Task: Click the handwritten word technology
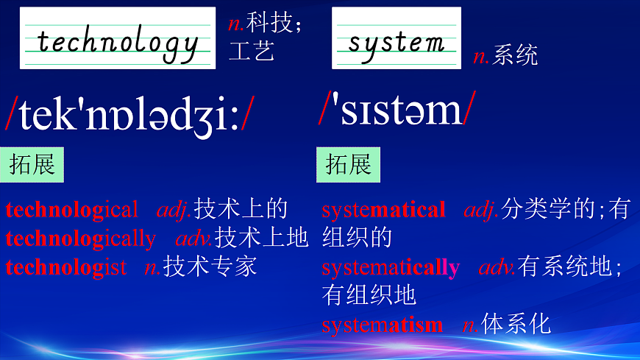pos(118,43)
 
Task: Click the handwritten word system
pos(396,41)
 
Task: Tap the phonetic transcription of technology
pos(130,113)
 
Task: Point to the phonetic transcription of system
pos(397,110)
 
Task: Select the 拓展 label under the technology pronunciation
pos(32,164)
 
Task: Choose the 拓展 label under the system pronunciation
pos(349,164)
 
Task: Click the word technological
pos(71,210)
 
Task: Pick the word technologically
pos(80,239)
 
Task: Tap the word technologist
pos(65,267)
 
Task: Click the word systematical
pos(383,210)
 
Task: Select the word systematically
pos(391,267)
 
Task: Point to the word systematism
pos(382,324)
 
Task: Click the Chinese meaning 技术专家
pos(210,267)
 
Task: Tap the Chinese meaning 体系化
pos(516,324)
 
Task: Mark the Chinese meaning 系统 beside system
pos(516,55)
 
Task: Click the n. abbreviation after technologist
pos(153,267)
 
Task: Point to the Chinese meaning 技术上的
pos(241,210)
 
